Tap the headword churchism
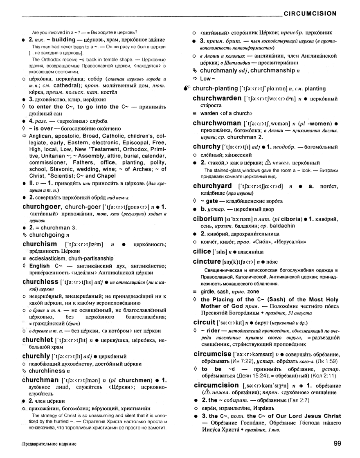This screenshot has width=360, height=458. click(x=40, y=244)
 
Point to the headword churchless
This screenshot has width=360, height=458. click(x=40, y=282)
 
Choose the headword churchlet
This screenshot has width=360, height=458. click(x=38, y=340)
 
